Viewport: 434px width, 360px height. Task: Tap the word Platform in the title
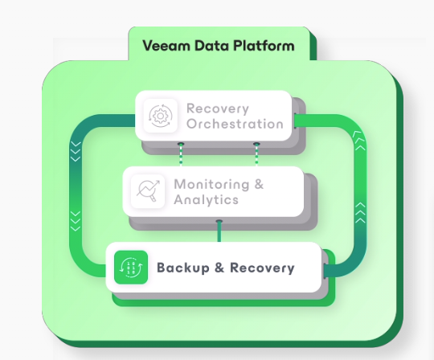(264, 46)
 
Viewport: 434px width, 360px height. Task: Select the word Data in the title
(211, 46)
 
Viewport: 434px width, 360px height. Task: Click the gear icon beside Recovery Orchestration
(161, 116)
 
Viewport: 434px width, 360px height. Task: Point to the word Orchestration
(235, 124)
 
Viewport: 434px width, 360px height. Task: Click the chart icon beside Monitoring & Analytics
(148, 191)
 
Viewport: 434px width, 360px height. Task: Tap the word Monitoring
(211, 185)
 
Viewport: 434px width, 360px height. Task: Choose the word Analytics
(207, 199)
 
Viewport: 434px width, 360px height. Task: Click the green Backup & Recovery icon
(131, 268)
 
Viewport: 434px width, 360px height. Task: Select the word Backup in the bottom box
(183, 268)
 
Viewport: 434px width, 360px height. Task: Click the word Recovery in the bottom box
(262, 268)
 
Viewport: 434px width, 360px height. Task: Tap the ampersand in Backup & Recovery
(219, 268)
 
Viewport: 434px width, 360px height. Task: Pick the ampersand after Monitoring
(259, 184)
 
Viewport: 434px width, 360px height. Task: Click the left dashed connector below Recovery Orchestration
(181, 154)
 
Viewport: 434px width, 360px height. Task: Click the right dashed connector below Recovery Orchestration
(256, 154)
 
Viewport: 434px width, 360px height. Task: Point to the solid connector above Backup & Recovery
(219, 231)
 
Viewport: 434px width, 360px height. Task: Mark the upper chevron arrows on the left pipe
(76, 151)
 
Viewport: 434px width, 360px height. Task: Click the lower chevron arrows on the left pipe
(76, 221)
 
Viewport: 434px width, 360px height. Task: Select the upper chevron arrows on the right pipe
(359, 141)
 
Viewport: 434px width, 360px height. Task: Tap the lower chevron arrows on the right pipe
(360, 212)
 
